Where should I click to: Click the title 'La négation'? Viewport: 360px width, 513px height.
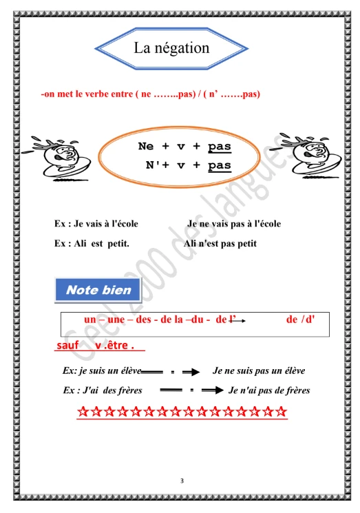(x=171, y=48)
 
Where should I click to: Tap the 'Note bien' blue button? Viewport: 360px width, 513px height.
(x=98, y=290)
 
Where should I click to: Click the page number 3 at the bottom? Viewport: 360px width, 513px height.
(x=180, y=479)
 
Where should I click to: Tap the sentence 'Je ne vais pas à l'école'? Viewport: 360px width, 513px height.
(x=233, y=224)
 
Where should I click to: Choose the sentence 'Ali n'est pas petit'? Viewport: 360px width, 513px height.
(x=220, y=243)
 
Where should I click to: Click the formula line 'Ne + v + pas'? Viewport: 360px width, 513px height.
(x=184, y=147)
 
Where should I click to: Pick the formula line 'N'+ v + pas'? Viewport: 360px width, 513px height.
(x=187, y=165)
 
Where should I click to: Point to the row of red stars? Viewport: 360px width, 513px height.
(x=182, y=412)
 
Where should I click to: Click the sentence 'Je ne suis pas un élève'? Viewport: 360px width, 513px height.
(x=259, y=370)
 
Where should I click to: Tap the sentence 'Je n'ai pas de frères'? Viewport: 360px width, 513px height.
(x=268, y=390)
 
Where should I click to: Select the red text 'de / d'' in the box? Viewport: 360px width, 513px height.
(x=299, y=320)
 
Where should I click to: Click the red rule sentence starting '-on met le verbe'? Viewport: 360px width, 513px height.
(x=150, y=93)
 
